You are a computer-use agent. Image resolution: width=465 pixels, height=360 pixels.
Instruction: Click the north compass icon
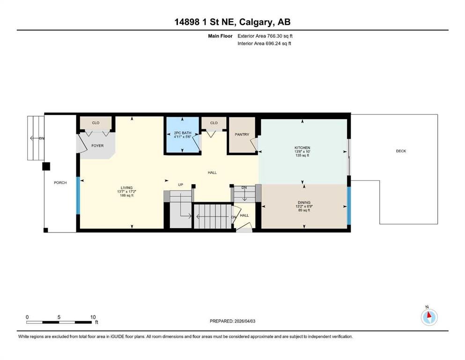click(x=429, y=317)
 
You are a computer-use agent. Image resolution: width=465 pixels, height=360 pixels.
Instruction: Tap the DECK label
click(x=401, y=151)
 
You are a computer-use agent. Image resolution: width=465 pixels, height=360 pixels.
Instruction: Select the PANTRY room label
click(x=242, y=135)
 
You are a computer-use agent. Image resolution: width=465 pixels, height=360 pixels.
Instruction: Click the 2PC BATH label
click(x=183, y=133)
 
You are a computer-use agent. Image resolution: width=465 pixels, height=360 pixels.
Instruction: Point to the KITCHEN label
click(x=302, y=148)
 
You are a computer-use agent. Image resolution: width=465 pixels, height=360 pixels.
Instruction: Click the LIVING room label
click(x=126, y=187)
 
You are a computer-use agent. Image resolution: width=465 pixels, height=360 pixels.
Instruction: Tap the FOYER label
click(x=97, y=146)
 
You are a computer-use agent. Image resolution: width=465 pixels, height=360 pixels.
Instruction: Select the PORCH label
click(x=60, y=182)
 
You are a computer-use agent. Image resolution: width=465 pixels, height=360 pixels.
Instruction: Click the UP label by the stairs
click(x=181, y=185)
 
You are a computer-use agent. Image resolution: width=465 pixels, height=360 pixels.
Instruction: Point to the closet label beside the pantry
click(x=214, y=123)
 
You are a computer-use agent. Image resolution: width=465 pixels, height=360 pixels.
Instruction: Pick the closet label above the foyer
click(x=96, y=123)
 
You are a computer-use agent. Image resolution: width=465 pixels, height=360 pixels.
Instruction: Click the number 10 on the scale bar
click(x=93, y=317)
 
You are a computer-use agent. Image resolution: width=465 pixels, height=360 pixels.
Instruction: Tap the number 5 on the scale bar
click(x=59, y=317)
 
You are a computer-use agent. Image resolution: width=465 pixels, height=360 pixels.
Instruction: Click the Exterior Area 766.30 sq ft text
click(x=265, y=36)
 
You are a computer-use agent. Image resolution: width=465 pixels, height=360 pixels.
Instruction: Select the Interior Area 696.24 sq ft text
click(x=264, y=43)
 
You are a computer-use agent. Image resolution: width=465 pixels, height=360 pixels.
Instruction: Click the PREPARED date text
click(x=232, y=321)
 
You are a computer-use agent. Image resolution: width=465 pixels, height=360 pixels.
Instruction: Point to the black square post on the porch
click(x=46, y=166)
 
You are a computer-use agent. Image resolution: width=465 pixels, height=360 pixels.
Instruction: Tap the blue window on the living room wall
click(x=78, y=195)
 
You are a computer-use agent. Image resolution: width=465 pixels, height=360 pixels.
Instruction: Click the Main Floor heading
click(x=220, y=36)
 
